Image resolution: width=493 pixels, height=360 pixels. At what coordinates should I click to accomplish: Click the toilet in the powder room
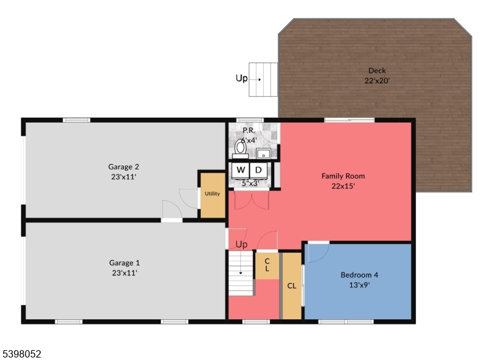[x=240, y=147]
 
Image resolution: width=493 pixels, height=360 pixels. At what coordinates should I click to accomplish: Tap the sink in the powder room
[x=264, y=153]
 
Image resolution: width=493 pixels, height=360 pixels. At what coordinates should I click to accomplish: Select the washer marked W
[x=240, y=170]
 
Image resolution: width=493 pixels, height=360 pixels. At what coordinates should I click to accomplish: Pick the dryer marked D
[x=259, y=170]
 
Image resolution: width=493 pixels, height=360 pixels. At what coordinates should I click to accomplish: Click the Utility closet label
[x=212, y=194]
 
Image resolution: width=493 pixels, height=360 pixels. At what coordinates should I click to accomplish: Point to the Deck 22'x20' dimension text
[x=377, y=81]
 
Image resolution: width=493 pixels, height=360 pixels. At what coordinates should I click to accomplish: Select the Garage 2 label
[x=124, y=166]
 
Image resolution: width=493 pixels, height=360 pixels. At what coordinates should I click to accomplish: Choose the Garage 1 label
[x=124, y=263]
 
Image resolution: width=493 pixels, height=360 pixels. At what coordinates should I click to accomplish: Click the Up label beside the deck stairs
[x=242, y=78]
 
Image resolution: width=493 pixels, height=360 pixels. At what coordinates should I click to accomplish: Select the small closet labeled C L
[x=267, y=265]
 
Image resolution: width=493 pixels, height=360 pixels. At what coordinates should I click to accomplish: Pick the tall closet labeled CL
[x=291, y=285]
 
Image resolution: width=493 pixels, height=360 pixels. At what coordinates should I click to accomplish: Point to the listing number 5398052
[x=22, y=354]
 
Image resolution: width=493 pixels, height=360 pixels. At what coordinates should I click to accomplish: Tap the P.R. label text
[x=249, y=131]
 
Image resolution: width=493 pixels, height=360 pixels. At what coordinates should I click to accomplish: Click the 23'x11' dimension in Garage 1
[x=124, y=272]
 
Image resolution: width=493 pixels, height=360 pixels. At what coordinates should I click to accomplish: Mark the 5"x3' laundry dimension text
[x=250, y=183]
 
